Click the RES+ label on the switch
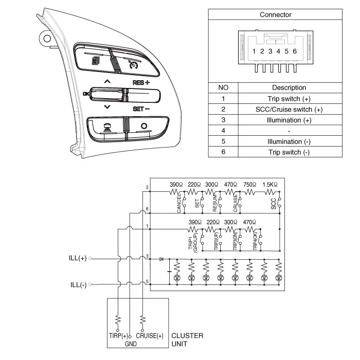tap(140, 82)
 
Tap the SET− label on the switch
tap(140, 109)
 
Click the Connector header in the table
tap(275, 14)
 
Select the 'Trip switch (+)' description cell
tap(289, 98)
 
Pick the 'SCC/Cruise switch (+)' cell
tap(289, 109)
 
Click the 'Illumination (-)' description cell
tap(289, 141)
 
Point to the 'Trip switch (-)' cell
tap(289, 152)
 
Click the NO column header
tap(223, 87)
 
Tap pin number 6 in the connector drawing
tap(295, 51)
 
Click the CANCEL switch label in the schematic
tap(179, 204)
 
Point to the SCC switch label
tap(273, 204)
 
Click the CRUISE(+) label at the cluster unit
tap(150, 336)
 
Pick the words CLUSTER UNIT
tap(187, 339)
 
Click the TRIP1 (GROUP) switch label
tap(193, 240)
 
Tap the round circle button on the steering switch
tap(143, 126)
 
